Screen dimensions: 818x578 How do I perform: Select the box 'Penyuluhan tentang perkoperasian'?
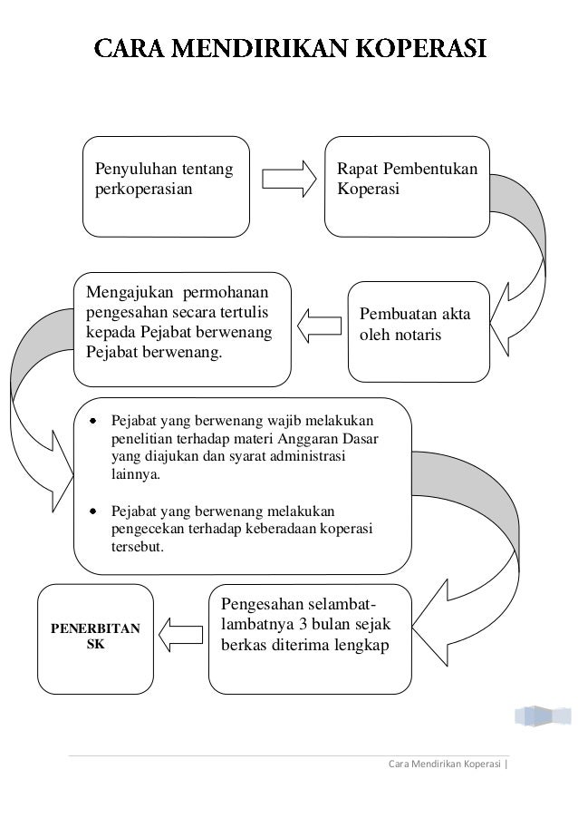click(x=166, y=186)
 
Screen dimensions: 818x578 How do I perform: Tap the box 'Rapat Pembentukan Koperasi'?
click(x=408, y=186)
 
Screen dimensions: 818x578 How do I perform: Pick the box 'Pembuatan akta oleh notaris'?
click(x=418, y=331)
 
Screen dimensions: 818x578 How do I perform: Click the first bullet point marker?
click(x=93, y=422)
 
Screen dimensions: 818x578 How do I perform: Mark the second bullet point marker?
click(x=93, y=511)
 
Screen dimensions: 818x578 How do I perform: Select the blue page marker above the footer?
click(x=542, y=716)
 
